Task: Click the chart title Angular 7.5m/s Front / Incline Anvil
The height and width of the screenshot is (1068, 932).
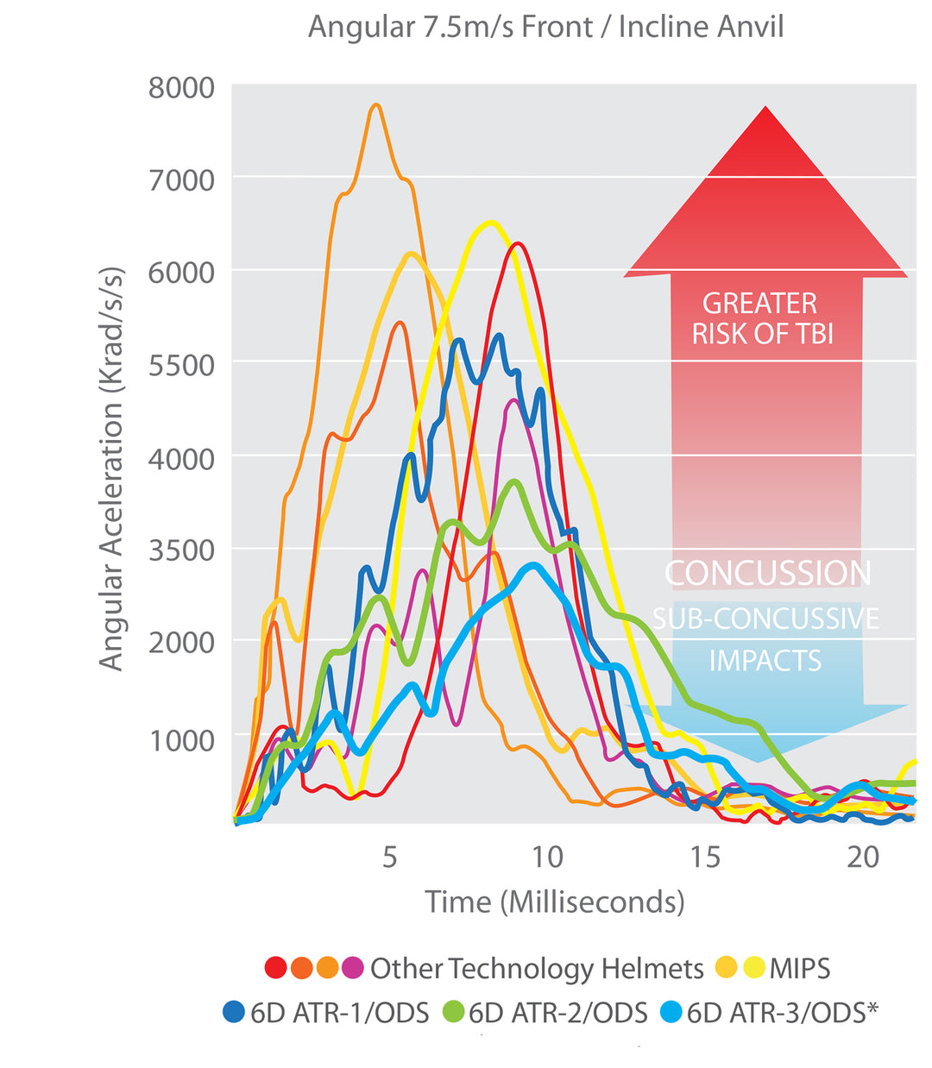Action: point(545,27)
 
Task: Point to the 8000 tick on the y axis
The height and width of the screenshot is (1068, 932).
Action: point(181,88)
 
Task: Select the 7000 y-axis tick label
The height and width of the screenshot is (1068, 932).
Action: point(181,180)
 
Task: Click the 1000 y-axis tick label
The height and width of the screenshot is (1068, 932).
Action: point(181,740)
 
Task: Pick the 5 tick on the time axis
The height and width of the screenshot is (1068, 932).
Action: point(390,857)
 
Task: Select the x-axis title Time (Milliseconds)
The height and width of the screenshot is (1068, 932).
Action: point(555,902)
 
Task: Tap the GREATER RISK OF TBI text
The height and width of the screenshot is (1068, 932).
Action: point(762,318)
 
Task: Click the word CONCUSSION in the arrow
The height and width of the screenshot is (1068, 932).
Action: point(767,574)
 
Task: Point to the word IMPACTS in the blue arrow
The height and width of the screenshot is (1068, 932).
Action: point(765,661)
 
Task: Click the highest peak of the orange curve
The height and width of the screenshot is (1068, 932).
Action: point(375,105)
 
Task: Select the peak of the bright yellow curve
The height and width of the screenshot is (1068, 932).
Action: point(490,223)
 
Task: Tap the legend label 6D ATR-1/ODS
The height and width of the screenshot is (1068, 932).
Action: point(339,1013)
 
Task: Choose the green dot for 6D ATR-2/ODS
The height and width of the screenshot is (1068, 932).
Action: point(454,1012)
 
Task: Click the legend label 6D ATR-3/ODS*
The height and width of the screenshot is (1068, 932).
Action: point(782,1013)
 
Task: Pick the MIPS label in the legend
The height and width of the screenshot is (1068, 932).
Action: point(800,968)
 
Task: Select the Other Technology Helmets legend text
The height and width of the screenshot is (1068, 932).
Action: point(537,968)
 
